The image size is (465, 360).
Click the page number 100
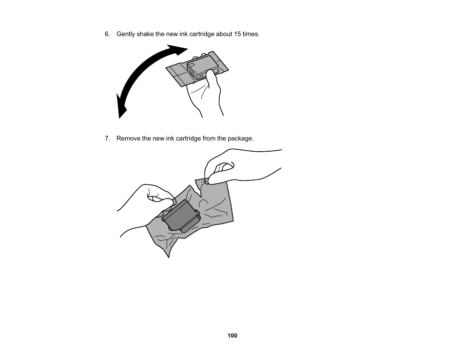pyautogui.click(x=232, y=336)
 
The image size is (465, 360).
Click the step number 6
pyautogui.click(x=107, y=34)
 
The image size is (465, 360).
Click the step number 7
pyautogui.click(x=107, y=139)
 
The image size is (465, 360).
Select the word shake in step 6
pyautogui.click(x=145, y=34)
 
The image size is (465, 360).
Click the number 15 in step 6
pyautogui.click(x=237, y=34)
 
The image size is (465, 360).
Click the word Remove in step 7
pyautogui.click(x=128, y=139)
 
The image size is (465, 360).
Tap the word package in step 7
pyautogui.click(x=241, y=139)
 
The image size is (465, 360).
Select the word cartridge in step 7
pyautogui.click(x=196, y=139)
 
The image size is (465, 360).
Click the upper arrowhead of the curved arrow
pyautogui.click(x=178, y=50)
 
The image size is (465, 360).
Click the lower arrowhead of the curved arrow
pyautogui.click(x=121, y=108)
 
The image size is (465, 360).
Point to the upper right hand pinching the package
pyautogui.click(x=234, y=166)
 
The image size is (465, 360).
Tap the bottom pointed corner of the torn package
pyautogui.click(x=169, y=256)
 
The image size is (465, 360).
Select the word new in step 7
pyautogui.click(x=158, y=139)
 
